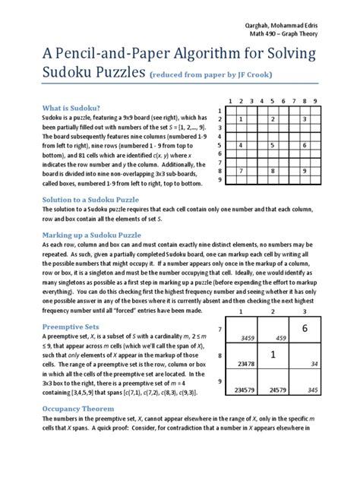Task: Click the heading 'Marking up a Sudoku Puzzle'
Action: click(93, 235)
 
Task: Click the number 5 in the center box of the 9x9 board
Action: click(273, 144)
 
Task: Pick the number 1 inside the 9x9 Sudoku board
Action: click(241, 118)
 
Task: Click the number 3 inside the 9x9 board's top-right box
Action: click(305, 118)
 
